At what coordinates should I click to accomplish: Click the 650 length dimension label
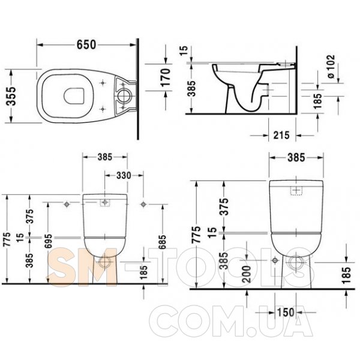point(86,44)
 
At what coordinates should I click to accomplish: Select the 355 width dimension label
point(11,96)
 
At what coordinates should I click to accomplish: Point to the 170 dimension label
point(166,77)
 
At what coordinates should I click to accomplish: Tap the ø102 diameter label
point(331,67)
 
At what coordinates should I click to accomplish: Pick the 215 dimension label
point(281,135)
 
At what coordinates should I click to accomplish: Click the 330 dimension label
point(124,175)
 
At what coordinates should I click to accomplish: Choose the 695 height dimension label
point(49,241)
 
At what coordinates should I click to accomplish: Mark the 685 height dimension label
point(162,242)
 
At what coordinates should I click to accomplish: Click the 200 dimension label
point(247,274)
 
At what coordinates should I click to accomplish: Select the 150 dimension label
point(286,312)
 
